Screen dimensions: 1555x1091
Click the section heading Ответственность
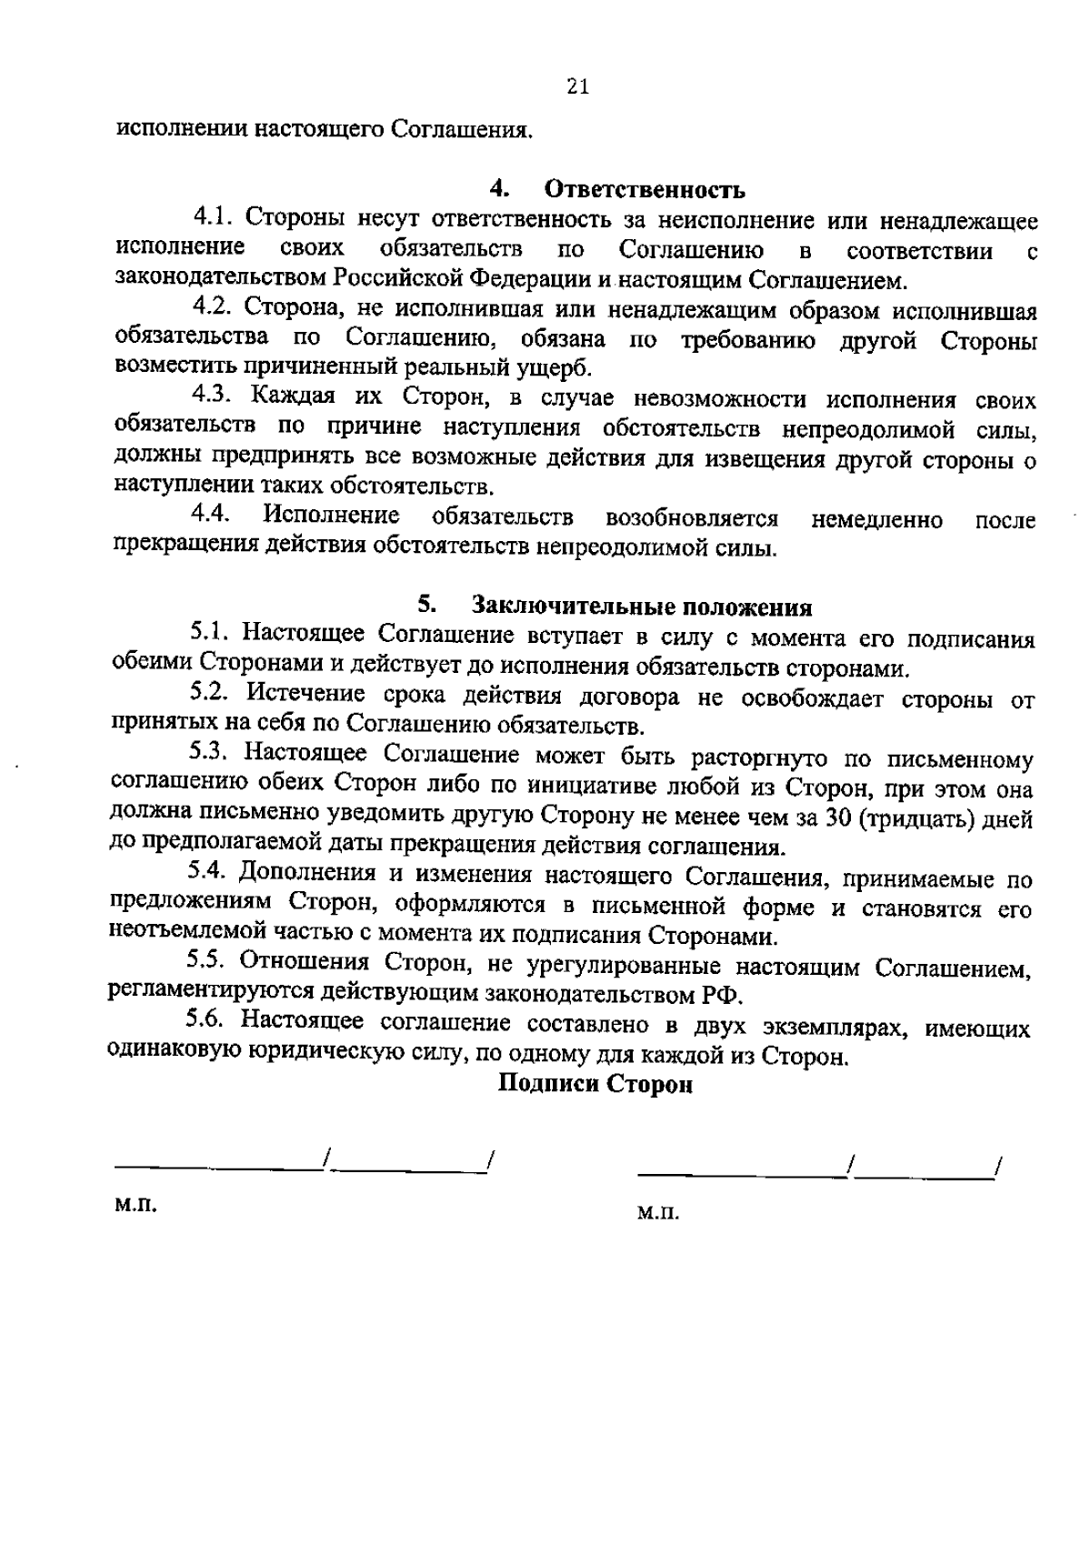click(645, 190)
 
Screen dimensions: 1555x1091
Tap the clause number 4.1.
click(214, 218)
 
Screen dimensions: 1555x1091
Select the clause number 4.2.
click(214, 307)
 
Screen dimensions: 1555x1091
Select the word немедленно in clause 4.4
click(876, 520)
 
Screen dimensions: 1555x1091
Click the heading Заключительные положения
click(642, 607)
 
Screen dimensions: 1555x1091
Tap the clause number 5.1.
click(212, 634)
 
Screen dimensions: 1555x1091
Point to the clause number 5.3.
click(212, 754)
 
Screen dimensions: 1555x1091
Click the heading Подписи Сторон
click(596, 1084)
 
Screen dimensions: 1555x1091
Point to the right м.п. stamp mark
click(658, 1214)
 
